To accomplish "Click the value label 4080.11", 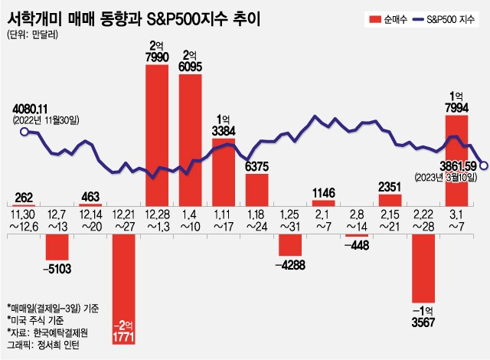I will click(31, 109).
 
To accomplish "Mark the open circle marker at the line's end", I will click(484, 162).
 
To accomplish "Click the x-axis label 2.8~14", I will click(357, 222).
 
